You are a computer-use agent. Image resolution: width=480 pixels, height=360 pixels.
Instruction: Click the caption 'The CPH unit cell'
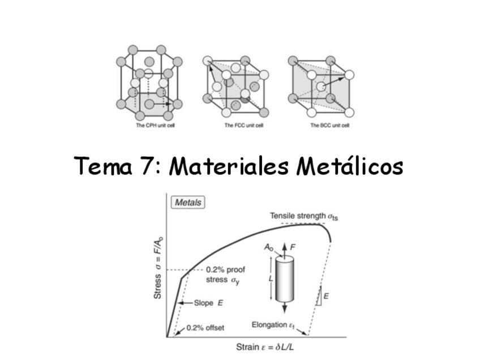coord(149,126)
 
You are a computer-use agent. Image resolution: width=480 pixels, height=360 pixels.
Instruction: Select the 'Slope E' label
coord(204,303)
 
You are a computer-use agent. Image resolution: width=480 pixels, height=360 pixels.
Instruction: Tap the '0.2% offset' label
coord(205,327)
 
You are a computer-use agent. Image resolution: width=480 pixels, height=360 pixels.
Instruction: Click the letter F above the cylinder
coord(293,247)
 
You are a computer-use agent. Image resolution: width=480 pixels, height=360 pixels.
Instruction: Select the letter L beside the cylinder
coord(271,279)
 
